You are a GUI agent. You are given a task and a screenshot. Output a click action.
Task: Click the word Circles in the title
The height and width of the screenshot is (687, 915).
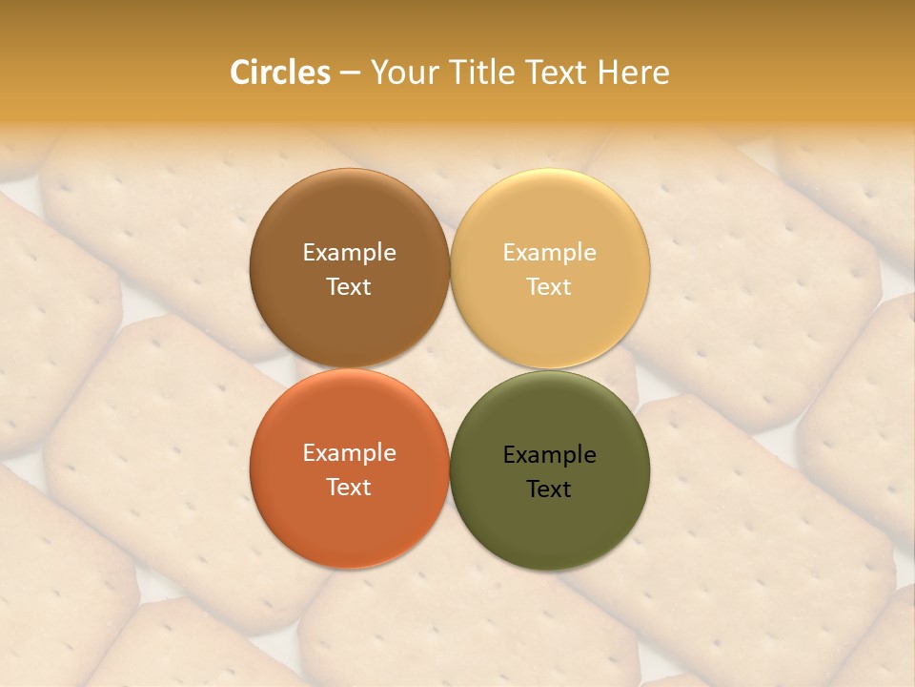(279, 73)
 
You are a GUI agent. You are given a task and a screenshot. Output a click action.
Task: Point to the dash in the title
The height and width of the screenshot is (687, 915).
(350, 73)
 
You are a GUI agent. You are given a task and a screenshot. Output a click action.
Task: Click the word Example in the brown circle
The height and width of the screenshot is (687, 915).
(349, 253)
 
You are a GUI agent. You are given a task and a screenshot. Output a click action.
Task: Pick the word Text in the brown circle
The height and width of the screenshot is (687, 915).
(349, 287)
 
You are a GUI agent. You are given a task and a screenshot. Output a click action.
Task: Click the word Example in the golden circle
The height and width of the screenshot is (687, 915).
(550, 253)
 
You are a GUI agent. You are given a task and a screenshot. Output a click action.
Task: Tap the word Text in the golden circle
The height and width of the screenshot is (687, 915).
(550, 287)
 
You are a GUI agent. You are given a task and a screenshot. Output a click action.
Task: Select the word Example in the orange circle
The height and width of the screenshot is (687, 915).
(349, 453)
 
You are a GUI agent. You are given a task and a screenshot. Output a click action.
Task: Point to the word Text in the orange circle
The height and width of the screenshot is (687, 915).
(349, 488)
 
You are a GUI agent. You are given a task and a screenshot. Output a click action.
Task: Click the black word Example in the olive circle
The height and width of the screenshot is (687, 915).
(550, 455)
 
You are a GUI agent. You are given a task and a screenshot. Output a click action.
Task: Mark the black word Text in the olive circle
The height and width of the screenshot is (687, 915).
(550, 489)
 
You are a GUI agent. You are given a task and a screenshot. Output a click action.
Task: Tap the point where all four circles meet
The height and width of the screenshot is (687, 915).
(450, 369)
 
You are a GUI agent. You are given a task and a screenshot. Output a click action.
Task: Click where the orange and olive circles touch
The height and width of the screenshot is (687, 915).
(450, 469)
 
